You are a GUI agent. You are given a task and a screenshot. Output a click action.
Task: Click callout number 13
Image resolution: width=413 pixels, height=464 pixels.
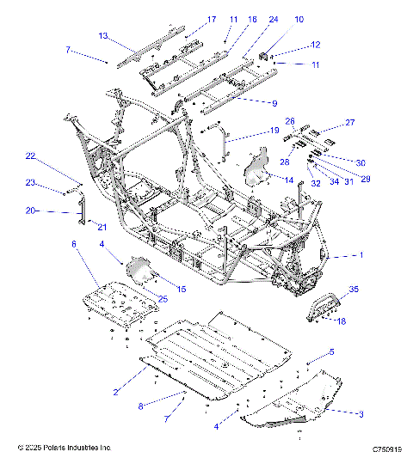(103, 36)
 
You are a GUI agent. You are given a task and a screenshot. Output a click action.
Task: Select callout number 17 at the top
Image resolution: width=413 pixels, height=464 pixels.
(212, 20)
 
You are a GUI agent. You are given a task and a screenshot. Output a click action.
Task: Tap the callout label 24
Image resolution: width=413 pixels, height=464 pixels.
(273, 19)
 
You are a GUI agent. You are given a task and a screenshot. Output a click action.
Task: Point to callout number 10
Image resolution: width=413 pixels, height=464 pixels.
(299, 19)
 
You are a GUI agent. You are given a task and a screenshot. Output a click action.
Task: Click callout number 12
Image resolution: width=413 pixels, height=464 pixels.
(315, 44)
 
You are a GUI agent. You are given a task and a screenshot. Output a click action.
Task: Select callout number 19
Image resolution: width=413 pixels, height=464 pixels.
(274, 131)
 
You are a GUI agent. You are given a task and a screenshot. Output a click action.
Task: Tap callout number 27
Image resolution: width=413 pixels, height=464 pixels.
(350, 123)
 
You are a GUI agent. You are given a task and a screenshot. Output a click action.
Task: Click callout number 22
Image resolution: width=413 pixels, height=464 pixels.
(30, 156)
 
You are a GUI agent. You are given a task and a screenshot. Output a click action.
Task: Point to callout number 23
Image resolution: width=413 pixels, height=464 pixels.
(30, 183)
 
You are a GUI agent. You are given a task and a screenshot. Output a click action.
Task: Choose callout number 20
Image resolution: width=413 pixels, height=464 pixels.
(30, 211)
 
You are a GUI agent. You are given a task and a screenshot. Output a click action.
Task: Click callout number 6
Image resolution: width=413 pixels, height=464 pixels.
(74, 245)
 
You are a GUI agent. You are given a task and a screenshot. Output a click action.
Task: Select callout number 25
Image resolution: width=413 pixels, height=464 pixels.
(163, 297)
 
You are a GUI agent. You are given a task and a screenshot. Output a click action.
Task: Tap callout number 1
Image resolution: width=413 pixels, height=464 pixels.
(361, 255)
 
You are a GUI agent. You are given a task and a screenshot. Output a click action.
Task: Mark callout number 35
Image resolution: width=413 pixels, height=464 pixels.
(352, 289)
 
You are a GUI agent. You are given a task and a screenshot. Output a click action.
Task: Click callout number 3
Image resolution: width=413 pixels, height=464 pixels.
(361, 413)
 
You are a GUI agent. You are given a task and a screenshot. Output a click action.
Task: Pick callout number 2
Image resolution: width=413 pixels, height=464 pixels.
(115, 392)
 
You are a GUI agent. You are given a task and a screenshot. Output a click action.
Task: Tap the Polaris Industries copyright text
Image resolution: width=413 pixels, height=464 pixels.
(65, 449)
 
